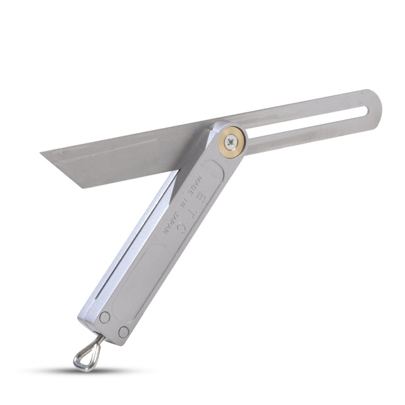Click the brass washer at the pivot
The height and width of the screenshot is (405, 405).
click(x=232, y=142)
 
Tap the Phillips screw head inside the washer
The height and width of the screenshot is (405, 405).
click(x=232, y=143)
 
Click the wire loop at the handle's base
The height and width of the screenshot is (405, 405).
click(x=88, y=354)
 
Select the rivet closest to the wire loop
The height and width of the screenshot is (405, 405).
click(x=104, y=317)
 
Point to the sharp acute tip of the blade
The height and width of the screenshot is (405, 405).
click(x=41, y=153)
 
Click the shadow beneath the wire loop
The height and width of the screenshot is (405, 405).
click(x=94, y=370)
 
